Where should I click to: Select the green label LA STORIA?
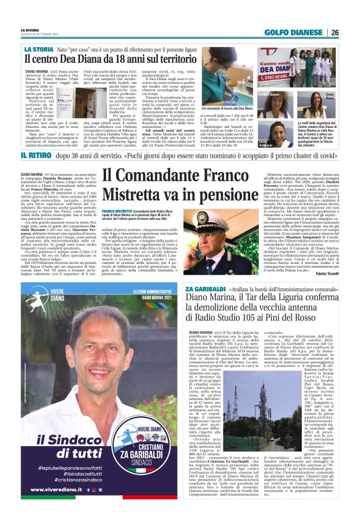coord(38,48)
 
